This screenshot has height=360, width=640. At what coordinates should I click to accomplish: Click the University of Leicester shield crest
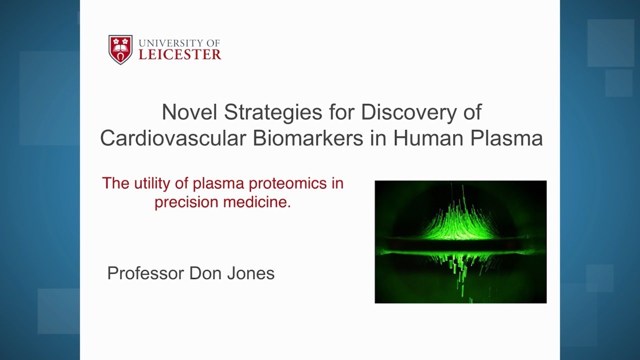click(120, 49)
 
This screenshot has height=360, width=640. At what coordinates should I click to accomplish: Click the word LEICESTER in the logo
click(180, 54)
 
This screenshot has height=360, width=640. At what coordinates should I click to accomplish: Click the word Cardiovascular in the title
click(172, 138)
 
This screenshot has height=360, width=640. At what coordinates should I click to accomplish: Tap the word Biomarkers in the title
click(307, 138)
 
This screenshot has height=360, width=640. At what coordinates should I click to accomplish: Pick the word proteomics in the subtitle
click(288, 183)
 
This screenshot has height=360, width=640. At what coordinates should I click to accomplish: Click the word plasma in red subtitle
click(217, 183)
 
